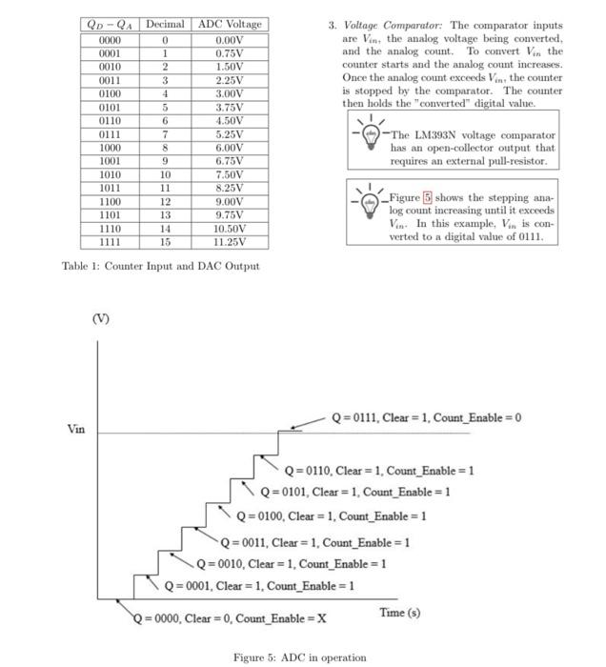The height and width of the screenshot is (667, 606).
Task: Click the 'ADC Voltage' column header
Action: (x=229, y=24)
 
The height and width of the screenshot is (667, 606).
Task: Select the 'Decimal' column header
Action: (x=165, y=24)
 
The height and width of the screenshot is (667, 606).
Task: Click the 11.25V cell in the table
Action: (x=229, y=242)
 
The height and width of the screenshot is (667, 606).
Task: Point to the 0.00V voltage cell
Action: (x=229, y=40)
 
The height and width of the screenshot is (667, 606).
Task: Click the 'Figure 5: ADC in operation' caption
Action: (x=299, y=657)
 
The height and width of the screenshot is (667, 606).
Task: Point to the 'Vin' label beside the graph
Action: (x=76, y=430)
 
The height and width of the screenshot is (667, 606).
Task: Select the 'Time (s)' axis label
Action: (x=399, y=613)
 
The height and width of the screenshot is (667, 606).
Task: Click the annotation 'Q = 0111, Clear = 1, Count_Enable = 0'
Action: (x=426, y=418)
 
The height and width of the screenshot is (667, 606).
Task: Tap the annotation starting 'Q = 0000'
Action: (x=230, y=617)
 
